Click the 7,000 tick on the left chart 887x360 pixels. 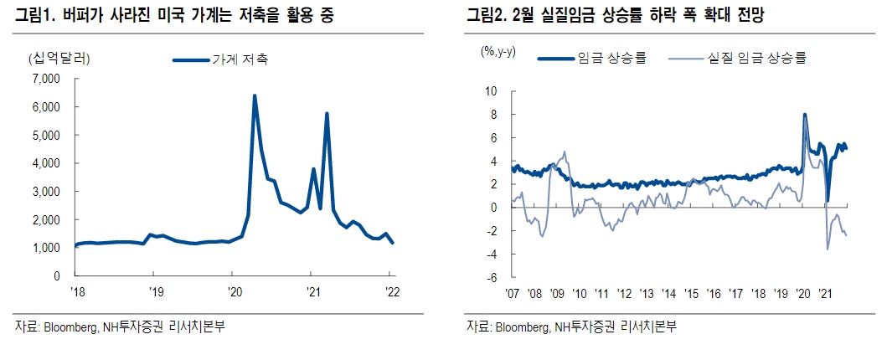tap(46, 79)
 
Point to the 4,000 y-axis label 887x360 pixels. tap(46, 163)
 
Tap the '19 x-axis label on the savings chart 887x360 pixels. tap(152, 292)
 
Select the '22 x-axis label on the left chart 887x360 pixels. tap(389, 292)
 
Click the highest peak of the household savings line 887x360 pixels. tap(255, 95)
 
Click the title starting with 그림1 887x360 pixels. tap(175, 15)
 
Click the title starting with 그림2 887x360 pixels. tap(617, 15)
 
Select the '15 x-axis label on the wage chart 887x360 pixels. tap(691, 293)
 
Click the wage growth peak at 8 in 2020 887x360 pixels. tap(805, 115)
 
